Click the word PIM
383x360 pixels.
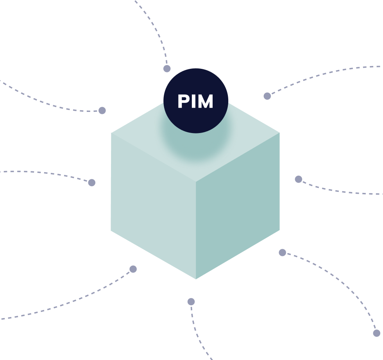tap(195, 101)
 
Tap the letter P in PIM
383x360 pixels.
tap(184, 101)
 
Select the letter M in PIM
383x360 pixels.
tap(206, 101)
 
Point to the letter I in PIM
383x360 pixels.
tap(194, 101)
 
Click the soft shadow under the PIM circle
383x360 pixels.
tap(195, 144)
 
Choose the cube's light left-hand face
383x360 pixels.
tap(153, 206)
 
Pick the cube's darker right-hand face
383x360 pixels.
tap(238, 206)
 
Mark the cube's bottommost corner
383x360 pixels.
tap(196, 279)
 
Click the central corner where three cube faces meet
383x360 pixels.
tap(196, 182)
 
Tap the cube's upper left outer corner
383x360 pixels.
tap(111, 133)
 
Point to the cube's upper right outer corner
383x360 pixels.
tap(279, 133)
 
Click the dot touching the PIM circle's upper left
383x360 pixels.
tap(167, 69)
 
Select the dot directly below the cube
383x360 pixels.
tap(191, 302)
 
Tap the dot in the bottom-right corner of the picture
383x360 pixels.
tap(377, 333)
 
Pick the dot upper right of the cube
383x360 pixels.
tap(267, 96)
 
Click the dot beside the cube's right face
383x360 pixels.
tap(299, 179)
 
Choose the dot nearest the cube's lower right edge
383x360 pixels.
tap(282, 253)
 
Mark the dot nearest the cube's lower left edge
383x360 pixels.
tap(133, 269)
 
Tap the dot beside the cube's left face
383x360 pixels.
tap(91, 183)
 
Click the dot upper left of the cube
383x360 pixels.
tap(102, 110)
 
